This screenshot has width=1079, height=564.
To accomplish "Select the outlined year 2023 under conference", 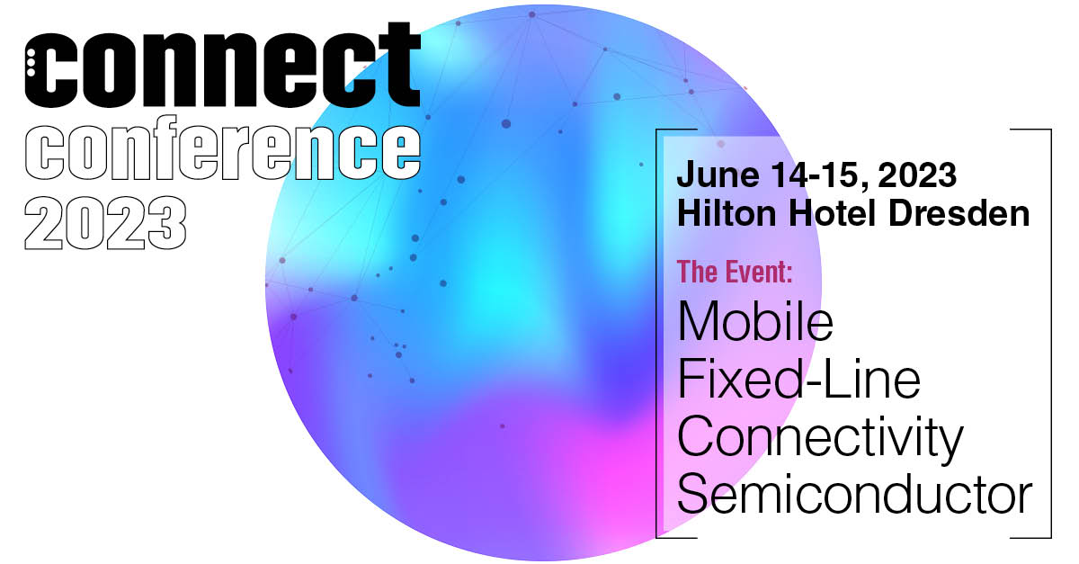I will click(x=106, y=220).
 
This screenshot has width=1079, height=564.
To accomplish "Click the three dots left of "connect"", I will click(x=30, y=65).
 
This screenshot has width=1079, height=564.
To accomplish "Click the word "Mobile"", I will click(x=755, y=321).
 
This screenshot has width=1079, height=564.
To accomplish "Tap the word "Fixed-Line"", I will click(x=798, y=379).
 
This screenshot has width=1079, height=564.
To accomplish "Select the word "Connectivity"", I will click(x=819, y=438).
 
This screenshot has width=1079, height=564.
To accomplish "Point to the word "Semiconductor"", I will click(x=854, y=496).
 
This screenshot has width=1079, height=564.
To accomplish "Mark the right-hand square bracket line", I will click(x=1050, y=333).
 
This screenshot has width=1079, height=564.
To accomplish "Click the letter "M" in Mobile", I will click(x=696, y=321).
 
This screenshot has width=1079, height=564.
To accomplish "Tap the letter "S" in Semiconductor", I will click(x=691, y=496).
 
